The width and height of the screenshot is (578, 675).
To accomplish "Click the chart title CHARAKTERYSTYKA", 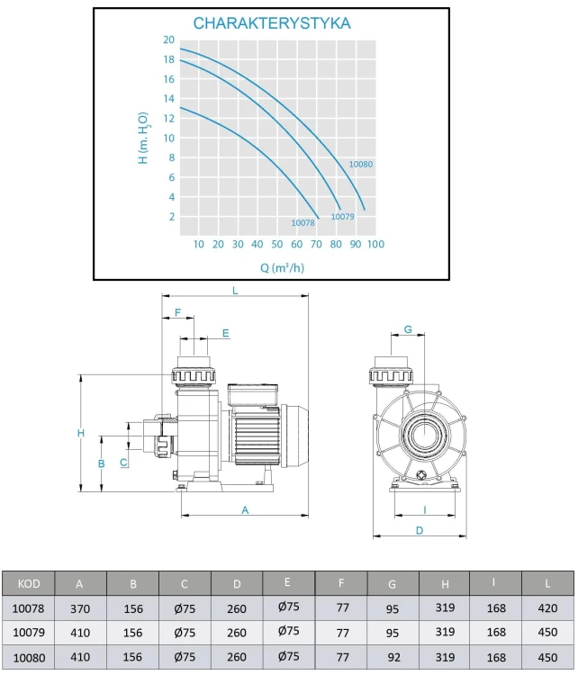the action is coord(272,23).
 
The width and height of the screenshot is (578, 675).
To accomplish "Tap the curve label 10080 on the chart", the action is coord(360,164).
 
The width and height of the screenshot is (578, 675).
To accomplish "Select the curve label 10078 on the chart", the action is coord(303,222).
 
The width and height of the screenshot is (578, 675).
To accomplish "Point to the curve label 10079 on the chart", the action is coord(342,217).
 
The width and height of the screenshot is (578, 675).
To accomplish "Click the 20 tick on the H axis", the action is coord(169,40).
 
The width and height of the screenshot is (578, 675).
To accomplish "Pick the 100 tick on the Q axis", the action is coord(375,244).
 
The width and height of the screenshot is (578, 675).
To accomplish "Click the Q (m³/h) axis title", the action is coord(282,268).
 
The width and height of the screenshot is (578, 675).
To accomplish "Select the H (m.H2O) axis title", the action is coord(144,138).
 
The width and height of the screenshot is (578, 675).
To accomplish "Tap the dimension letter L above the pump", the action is coord(235,291).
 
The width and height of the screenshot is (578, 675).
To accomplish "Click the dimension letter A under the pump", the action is coord(245,510).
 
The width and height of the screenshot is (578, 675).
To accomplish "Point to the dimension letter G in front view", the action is coord(408,329).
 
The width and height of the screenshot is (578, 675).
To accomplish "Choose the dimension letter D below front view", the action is coord(420,530).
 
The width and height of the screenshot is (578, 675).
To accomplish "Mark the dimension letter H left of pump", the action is coord(81,433).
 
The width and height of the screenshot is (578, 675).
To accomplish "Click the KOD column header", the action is coord(29,584).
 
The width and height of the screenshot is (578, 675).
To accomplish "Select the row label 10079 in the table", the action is coord(29,633).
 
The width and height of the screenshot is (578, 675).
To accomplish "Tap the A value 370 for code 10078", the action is coord(80,608).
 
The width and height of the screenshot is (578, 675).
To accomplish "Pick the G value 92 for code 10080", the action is coord(393,657).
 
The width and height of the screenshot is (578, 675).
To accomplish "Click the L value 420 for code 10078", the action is coord(547,607).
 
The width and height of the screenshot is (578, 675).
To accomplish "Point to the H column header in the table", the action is coord(445,584).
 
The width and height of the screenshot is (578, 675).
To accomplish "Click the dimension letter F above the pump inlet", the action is coord(178,312).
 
